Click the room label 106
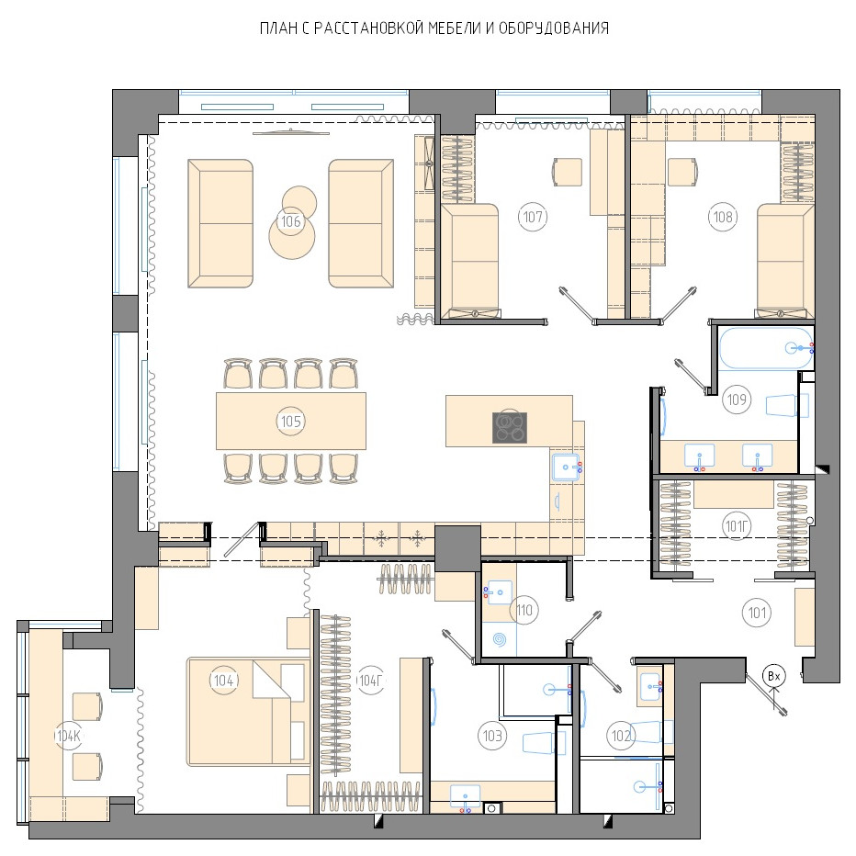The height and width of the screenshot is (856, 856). point(290,221)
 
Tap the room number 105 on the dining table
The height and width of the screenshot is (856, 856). point(290,422)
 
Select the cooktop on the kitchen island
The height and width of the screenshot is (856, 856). point(510,427)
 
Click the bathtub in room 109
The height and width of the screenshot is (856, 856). point(765,348)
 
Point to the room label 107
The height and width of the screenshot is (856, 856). point(533,217)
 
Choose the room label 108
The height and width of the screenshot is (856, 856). point(724,217)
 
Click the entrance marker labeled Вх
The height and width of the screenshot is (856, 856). point(774,676)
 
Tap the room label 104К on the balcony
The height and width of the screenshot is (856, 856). point(69,736)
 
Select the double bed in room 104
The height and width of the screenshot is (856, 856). point(248,711)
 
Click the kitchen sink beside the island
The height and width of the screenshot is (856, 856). point(566,467)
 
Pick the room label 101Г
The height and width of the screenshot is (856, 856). point(737,526)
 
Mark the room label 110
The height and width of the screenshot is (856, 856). point(524,610)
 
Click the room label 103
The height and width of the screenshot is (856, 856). point(492,736)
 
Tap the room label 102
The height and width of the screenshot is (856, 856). point(621,736)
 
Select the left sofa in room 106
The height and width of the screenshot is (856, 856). point(220,223)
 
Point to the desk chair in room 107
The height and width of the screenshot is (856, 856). point(568,172)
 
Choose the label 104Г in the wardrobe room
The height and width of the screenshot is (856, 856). point(370,681)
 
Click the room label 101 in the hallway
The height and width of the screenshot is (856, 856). point(757,613)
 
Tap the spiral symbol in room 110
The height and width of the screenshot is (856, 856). point(500,638)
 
